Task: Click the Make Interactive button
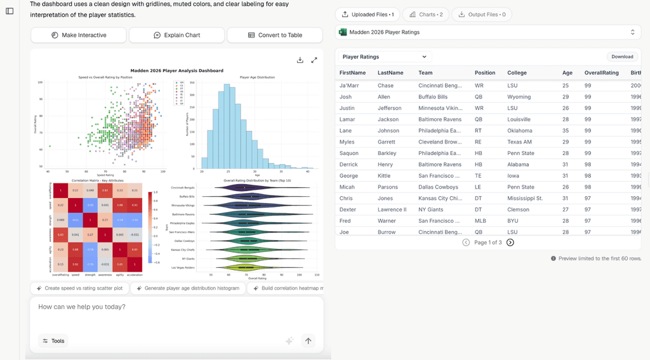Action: [79, 36]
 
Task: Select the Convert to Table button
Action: [275, 36]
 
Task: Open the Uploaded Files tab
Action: [368, 14]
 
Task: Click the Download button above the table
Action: [622, 57]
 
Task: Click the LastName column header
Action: [390, 72]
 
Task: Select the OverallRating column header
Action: [601, 72]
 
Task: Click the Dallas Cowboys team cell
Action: [437, 187]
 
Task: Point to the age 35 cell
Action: [566, 131]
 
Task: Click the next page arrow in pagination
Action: [510, 243]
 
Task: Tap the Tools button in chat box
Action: [53, 341]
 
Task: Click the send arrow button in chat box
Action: [308, 341]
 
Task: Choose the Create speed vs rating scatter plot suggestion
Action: [79, 288]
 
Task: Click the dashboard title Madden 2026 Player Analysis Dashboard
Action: [176, 70]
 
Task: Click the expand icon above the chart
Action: [314, 60]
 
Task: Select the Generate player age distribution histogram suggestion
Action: [187, 288]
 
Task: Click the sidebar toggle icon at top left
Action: [10, 11]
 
